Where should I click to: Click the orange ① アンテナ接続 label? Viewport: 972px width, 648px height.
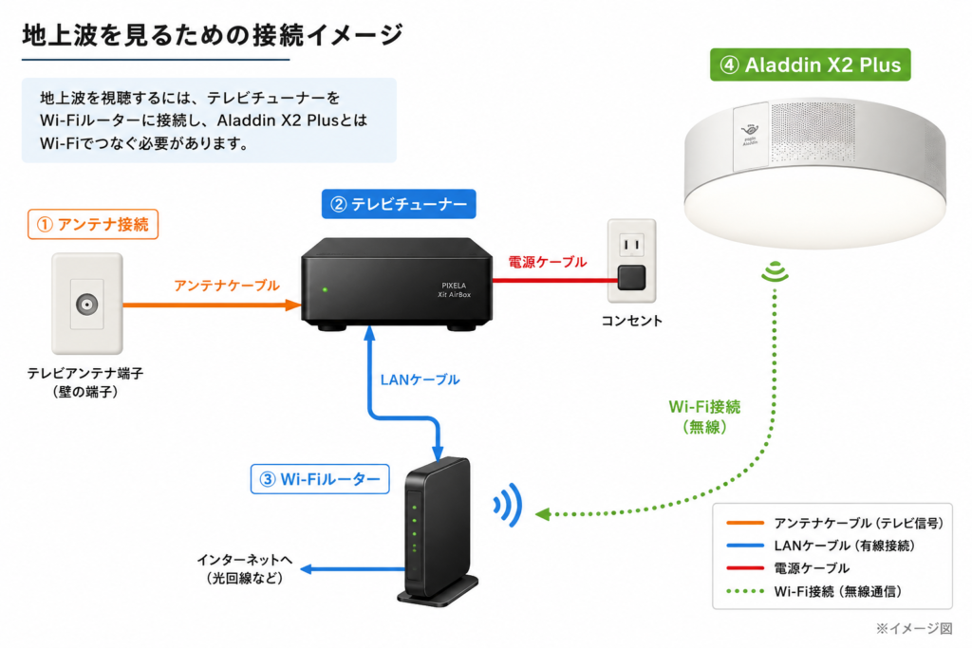click(x=93, y=224)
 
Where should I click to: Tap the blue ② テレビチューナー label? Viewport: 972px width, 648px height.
click(x=399, y=204)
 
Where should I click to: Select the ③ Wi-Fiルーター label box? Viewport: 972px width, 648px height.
click(x=320, y=479)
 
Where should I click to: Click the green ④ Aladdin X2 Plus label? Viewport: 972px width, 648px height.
click(x=811, y=65)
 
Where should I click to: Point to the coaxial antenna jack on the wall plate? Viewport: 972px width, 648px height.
click(x=86, y=305)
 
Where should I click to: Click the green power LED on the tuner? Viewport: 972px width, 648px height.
click(x=325, y=289)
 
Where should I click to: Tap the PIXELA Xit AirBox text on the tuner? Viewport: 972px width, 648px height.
click(x=455, y=290)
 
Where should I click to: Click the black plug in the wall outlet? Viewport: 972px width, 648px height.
click(x=631, y=278)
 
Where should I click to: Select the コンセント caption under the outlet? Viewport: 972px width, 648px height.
click(x=631, y=321)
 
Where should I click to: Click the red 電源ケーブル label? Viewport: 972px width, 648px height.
click(x=548, y=262)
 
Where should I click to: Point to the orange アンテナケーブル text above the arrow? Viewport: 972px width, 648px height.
click(x=227, y=286)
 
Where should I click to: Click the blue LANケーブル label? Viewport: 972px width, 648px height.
click(x=420, y=380)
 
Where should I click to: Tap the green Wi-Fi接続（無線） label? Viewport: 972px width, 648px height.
click(x=704, y=417)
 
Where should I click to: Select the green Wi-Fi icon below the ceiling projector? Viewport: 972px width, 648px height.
click(x=775, y=272)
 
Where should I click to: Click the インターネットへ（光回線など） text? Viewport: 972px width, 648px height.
click(x=245, y=568)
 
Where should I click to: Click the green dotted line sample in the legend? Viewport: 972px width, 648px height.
click(x=744, y=591)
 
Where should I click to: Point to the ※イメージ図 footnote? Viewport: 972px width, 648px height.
click(x=914, y=628)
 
